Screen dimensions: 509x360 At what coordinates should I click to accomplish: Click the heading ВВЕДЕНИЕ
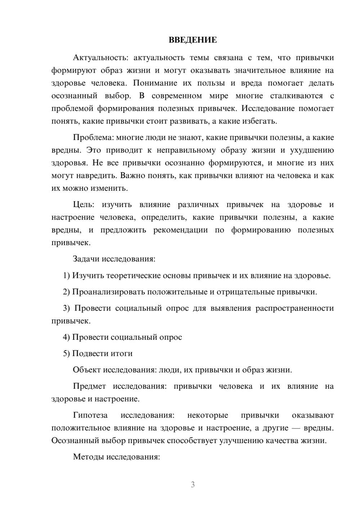coord(193,40)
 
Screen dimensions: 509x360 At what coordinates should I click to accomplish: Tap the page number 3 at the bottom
coord(193,485)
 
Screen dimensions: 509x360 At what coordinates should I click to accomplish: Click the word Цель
coord(83,205)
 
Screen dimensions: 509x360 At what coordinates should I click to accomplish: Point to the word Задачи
coord(86,259)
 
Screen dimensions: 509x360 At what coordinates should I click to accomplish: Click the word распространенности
coord(294,308)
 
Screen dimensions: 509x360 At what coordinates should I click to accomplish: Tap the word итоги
coord(121,353)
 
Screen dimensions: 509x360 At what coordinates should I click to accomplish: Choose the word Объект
coord(87,370)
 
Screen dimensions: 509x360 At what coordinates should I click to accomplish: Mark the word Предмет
coord(89,386)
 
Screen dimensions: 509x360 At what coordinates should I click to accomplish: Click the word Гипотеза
coord(90,415)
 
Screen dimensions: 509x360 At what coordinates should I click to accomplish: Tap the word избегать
coord(262,121)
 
